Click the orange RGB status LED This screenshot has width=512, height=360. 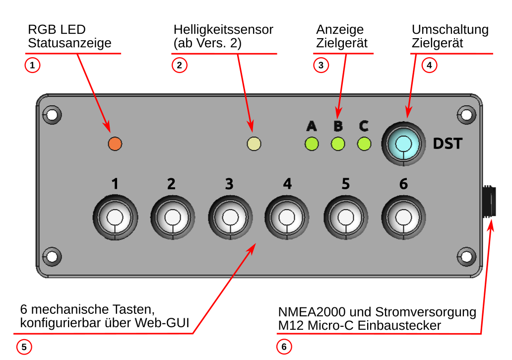[115, 144]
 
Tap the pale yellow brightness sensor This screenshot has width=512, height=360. [254, 144]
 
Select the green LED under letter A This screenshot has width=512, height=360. [312, 144]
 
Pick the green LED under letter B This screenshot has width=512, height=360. [338, 144]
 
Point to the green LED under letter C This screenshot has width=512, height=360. [364, 144]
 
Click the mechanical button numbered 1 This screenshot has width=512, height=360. [115, 217]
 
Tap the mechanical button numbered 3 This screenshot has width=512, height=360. [229, 217]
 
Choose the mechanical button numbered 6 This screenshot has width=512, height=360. [403, 217]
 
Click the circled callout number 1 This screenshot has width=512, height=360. [32, 65]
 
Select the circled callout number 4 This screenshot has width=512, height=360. [429, 65]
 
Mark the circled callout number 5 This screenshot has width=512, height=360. [24, 347]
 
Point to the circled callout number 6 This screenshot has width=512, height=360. [283, 347]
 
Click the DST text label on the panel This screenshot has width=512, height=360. [448, 144]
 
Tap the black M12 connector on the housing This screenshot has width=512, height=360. [489, 201]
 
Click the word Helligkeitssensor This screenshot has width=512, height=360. [223, 30]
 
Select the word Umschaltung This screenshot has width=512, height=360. [450, 30]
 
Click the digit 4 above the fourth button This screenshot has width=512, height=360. [287, 184]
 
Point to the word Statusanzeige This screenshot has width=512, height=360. [69, 43]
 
